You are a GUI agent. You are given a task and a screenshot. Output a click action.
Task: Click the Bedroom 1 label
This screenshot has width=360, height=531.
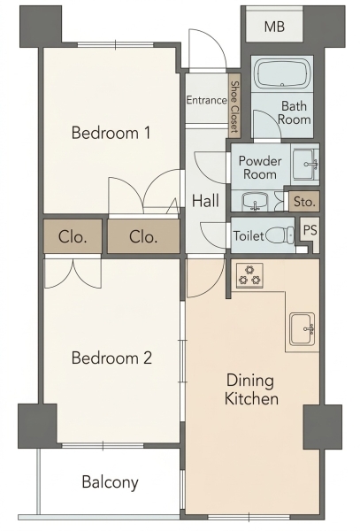111,133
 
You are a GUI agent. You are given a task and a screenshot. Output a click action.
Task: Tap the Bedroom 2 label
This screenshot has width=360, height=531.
111,358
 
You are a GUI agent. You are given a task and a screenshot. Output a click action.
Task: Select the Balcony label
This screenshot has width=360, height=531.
111,482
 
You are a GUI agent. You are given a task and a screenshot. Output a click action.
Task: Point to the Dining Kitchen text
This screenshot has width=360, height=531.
251,389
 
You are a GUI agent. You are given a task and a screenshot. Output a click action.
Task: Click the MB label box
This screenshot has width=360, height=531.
274,27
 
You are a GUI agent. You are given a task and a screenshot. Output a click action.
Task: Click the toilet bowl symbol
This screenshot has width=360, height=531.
280,235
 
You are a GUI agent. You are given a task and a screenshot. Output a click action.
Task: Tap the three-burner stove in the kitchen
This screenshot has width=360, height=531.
249,275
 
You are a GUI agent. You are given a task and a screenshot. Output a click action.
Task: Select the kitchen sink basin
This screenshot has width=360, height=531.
303,329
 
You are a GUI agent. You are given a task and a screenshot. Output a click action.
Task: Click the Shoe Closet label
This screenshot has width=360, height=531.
234,107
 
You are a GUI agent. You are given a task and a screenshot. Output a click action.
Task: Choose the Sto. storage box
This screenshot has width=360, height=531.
304,202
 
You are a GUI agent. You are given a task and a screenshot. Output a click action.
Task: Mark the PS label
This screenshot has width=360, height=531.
310,230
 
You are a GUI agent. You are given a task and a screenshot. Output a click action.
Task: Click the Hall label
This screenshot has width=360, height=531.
205,201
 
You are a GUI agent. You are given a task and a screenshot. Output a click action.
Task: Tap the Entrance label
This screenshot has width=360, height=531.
207,100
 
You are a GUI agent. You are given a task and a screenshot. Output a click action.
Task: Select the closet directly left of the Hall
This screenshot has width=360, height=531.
143,236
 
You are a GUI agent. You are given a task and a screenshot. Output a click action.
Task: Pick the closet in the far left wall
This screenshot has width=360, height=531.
73,236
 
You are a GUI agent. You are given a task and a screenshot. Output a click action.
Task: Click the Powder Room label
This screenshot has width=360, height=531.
260,167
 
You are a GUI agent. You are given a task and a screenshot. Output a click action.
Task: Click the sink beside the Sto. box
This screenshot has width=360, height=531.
255,201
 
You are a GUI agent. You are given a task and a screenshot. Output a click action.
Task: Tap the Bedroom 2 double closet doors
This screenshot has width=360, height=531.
73,273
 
